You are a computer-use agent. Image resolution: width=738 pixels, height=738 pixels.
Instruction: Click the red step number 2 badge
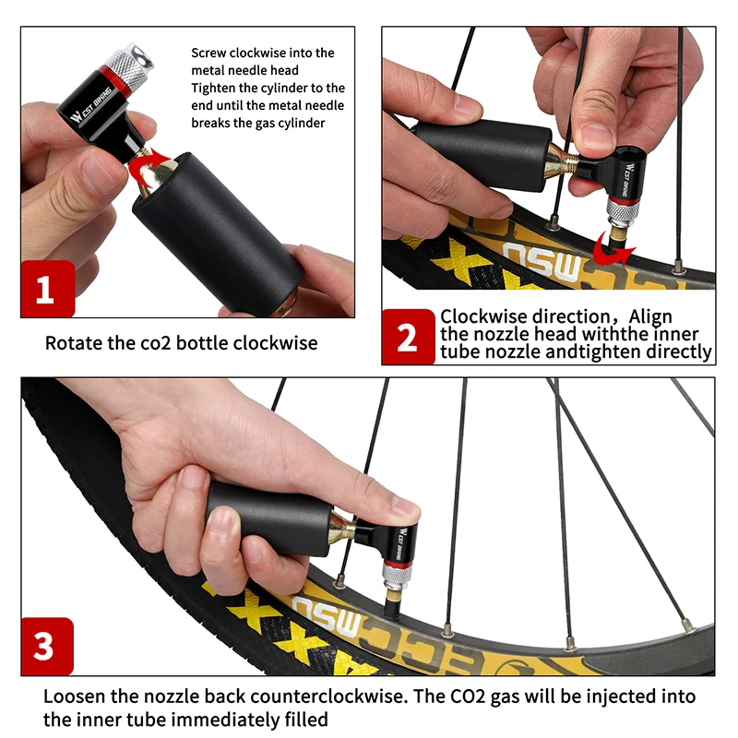408,337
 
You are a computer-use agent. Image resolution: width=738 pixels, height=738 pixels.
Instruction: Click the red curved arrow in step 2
612,247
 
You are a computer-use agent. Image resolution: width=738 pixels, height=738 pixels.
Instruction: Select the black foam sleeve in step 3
268,517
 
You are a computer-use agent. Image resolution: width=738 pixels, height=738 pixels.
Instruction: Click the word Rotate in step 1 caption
73,343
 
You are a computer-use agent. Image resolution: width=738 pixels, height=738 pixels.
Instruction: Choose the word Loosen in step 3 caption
77,696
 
